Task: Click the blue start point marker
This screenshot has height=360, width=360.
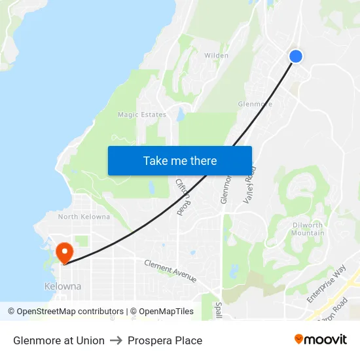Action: coord(296,56)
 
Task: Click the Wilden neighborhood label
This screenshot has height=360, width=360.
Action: coord(217,56)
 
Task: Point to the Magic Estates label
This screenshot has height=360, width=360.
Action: coord(142,115)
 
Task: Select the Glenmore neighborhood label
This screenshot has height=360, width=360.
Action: coord(255,104)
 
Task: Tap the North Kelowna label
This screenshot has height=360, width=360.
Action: coord(84,217)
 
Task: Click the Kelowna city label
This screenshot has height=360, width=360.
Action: coord(63,287)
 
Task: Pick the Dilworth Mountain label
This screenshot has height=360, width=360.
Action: coord(308,229)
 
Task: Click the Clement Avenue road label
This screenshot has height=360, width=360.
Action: coord(170,270)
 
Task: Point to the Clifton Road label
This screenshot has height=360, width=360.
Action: coord(183,197)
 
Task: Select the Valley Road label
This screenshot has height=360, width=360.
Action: coord(250,186)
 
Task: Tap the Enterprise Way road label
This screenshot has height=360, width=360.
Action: coord(327,283)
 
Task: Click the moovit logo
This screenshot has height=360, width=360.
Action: coord(321,339)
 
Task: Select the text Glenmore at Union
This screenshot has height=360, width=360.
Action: coord(59,340)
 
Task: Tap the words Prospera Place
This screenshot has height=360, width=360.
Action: coord(165,340)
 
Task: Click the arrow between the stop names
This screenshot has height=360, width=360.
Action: coord(116,340)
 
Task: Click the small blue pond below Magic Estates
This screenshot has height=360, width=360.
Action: coord(180,116)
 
